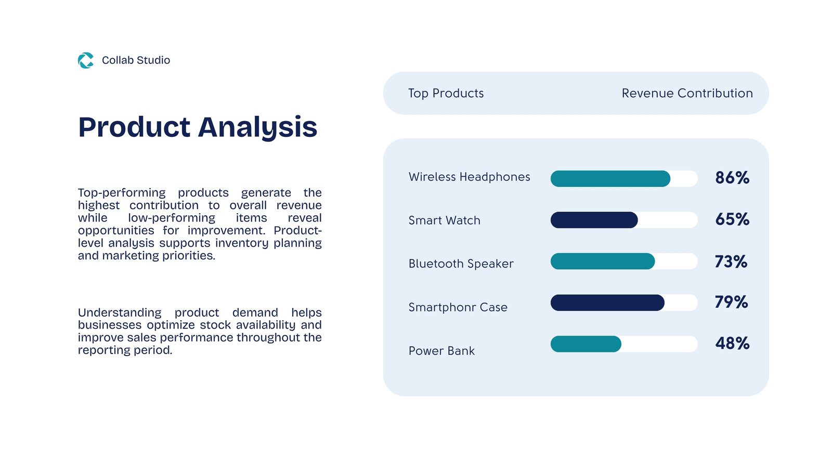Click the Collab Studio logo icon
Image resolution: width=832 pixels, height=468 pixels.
point(86,60)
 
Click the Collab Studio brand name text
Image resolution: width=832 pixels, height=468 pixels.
point(136,60)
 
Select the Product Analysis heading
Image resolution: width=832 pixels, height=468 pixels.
point(198,127)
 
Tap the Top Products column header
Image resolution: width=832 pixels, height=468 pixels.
point(446,93)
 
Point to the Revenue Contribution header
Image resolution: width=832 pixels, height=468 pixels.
point(687,93)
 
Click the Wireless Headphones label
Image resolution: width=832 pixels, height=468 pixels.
point(470,177)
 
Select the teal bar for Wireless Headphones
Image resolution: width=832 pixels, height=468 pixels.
point(610,179)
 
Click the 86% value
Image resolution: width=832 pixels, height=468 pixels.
point(732,178)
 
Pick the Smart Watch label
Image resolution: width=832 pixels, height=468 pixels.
point(445,220)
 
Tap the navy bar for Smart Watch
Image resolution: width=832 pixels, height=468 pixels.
point(594,220)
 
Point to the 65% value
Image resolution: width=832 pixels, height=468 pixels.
point(732,219)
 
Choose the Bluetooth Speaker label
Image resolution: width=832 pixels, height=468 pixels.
point(461,264)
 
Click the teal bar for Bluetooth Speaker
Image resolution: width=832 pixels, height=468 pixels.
point(603,261)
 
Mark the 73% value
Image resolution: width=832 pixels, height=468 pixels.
point(731,262)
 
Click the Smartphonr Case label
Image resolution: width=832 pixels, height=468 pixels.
point(458,307)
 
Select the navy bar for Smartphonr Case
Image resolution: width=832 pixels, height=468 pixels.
point(607,303)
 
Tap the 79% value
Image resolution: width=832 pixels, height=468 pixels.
point(731,302)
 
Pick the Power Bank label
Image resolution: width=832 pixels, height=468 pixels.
point(441,350)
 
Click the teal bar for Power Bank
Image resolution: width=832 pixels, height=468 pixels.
point(586,344)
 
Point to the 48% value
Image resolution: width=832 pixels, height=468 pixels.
point(732,343)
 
